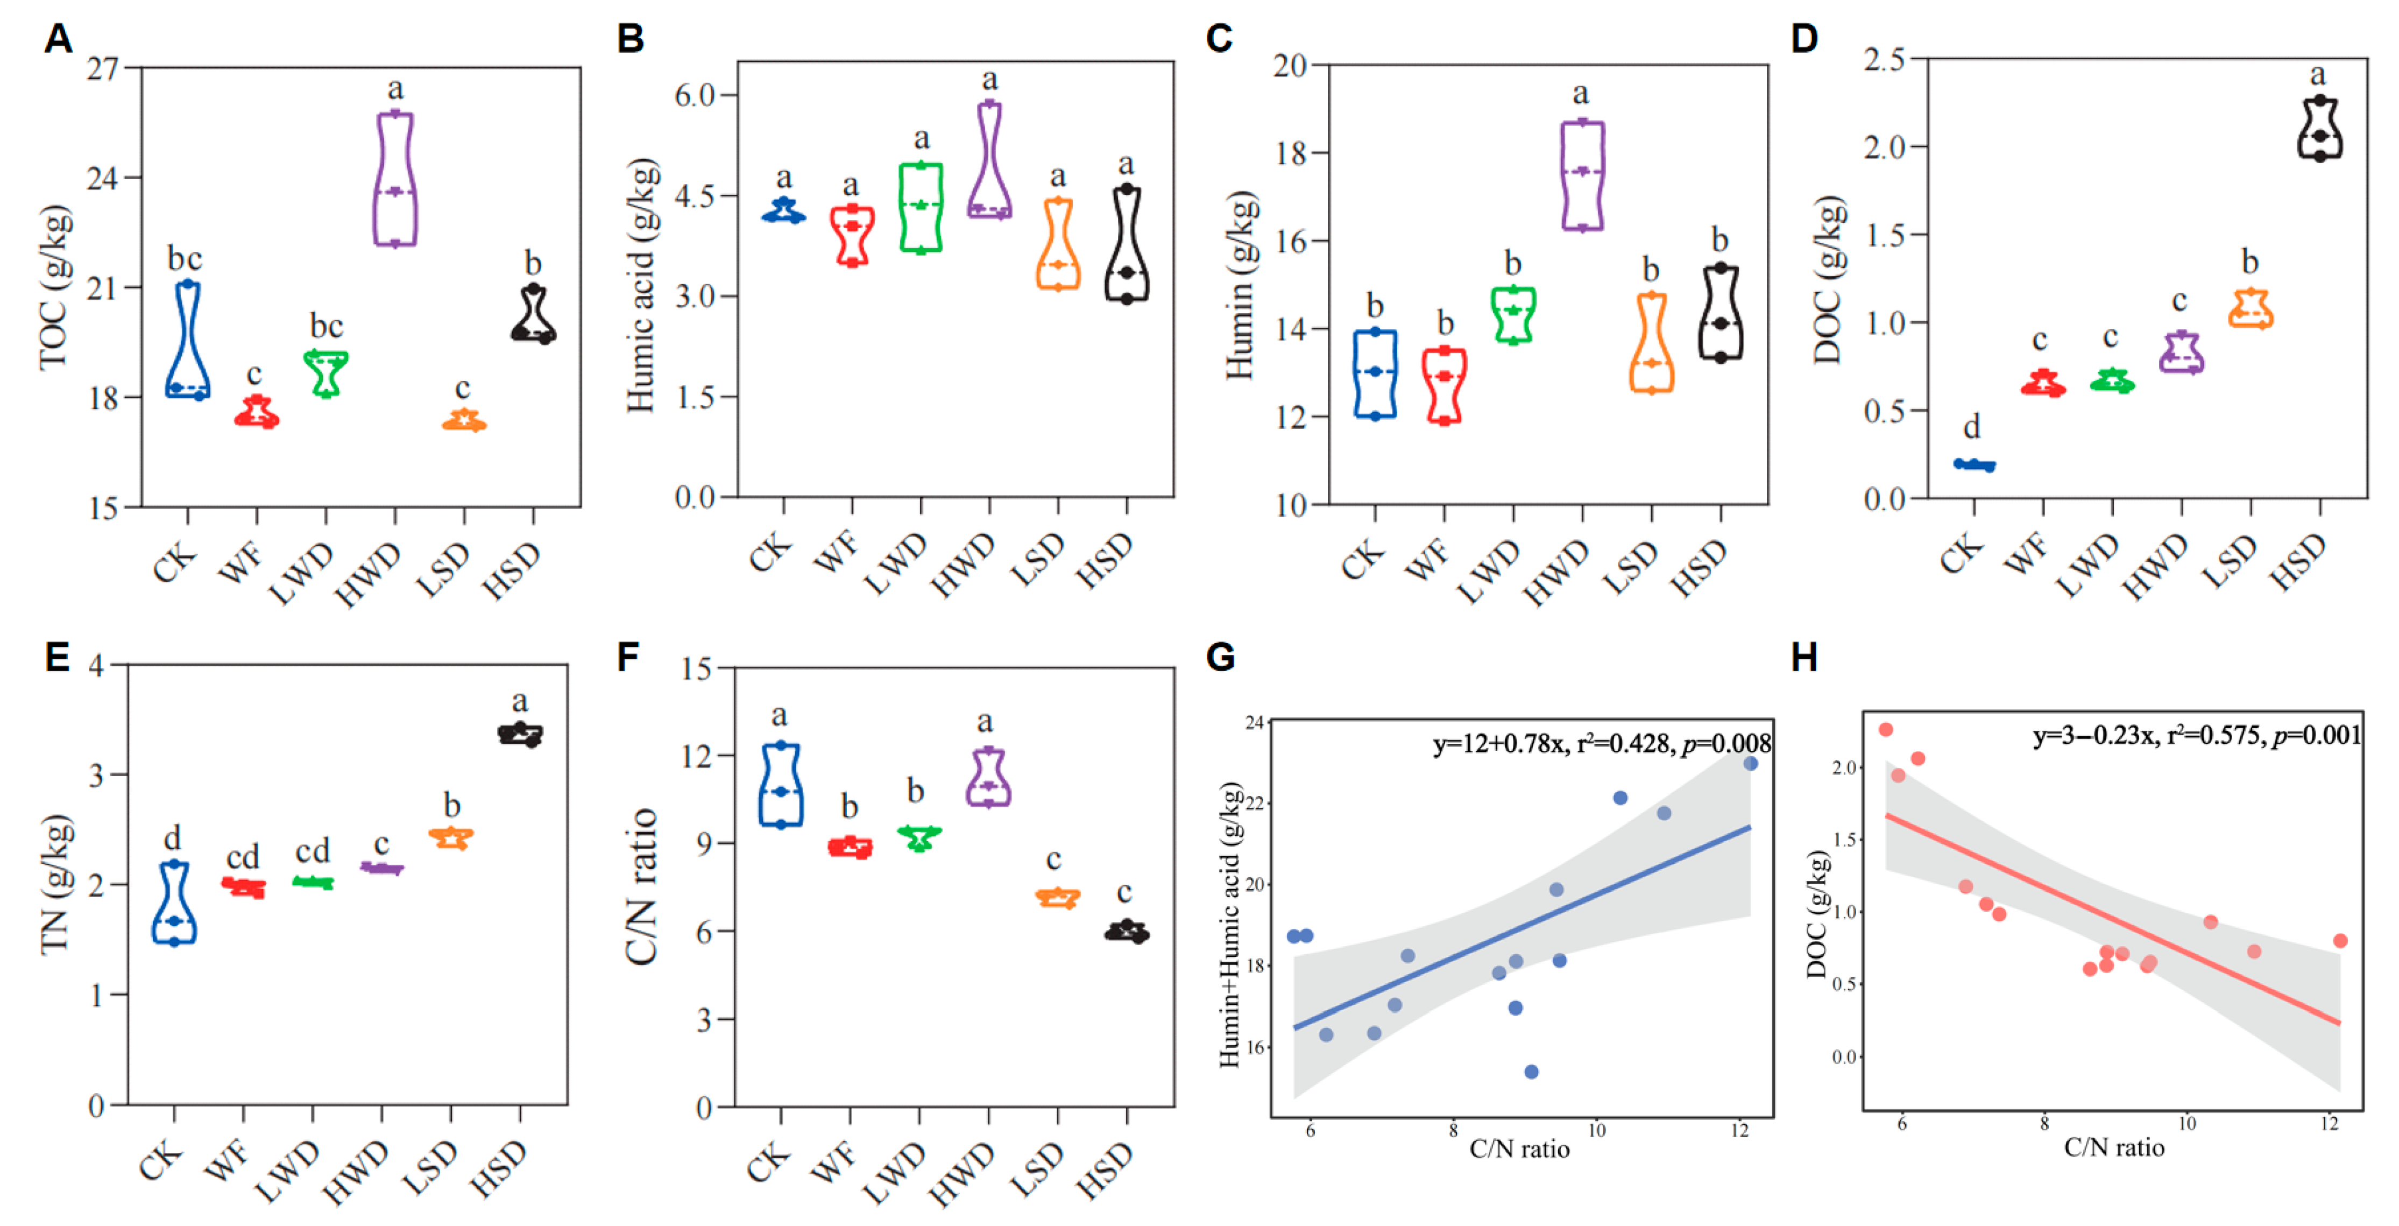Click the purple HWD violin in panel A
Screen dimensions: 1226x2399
pyautogui.click(x=396, y=179)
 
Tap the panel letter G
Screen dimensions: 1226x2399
pyautogui.click(x=1220, y=658)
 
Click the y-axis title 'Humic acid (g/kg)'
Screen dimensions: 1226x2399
pyautogui.click(x=642, y=285)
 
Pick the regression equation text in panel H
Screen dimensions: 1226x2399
pyautogui.click(x=2197, y=736)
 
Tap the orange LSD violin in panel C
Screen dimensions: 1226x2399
pyautogui.click(x=1651, y=343)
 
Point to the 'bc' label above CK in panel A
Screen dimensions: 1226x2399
pyautogui.click(x=185, y=258)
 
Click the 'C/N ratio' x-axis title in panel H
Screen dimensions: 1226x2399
pyautogui.click(x=2114, y=1147)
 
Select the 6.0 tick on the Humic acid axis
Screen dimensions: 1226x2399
pyautogui.click(x=694, y=95)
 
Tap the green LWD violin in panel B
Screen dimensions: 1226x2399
pyautogui.click(x=921, y=207)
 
